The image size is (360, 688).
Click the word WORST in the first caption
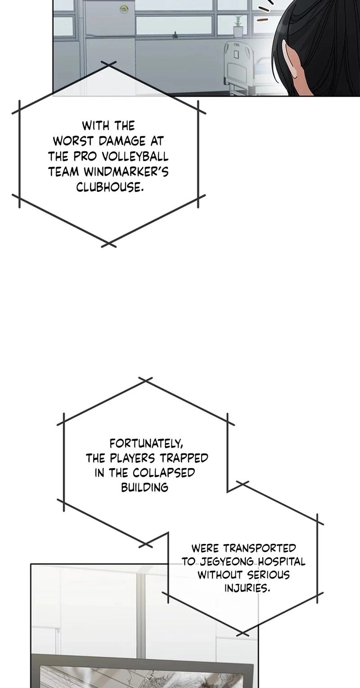[x=73, y=141]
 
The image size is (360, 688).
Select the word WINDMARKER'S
[x=126, y=172]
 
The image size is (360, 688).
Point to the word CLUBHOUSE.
[x=110, y=187]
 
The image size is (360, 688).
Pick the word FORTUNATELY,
[x=146, y=444]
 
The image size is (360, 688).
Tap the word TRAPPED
[x=184, y=458]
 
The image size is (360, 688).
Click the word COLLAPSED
[x=164, y=473]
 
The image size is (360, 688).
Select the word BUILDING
[x=144, y=488]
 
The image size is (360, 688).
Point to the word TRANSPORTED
[x=259, y=548]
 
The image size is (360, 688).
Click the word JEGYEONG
[x=227, y=562]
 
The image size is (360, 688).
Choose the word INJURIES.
[x=247, y=588]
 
